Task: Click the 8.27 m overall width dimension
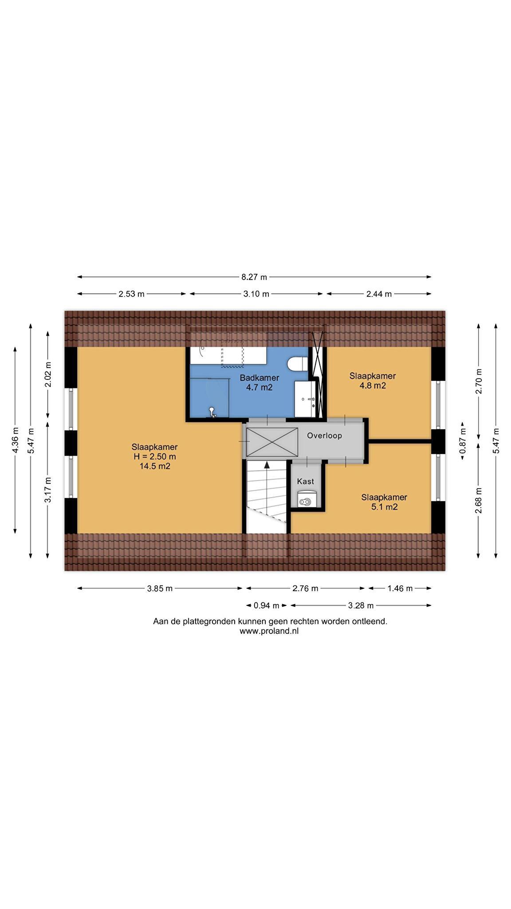coord(254,277)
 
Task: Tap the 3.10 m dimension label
coord(256,294)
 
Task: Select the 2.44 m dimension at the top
coord(379,294)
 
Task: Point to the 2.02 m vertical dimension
coord(48,375)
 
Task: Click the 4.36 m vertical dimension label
coord(16,440)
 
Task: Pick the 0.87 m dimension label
coord(463,441)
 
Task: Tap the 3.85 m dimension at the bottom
coord(160,589)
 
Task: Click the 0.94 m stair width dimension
coord(266,605)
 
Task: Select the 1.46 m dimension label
coord(400,589)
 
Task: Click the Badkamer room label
coord(259,378)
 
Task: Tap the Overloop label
coord(325,435)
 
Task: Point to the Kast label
coord(306,481)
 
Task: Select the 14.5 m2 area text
coord(155,466)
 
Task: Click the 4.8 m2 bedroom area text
coord(373,386)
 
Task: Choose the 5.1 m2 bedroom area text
coord(384,507)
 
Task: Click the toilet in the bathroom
coord(298,364)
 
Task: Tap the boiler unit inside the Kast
coord(306,499)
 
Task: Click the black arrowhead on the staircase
coord(267,465)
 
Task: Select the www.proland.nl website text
coord(269,631)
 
